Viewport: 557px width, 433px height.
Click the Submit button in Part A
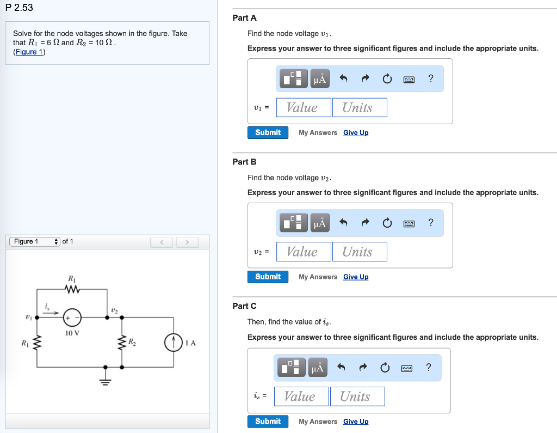point(268,132)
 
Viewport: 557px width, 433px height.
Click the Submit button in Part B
point(268,277)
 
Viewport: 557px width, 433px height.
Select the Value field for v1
point(304,107)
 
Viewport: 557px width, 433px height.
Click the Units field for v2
point(359,252)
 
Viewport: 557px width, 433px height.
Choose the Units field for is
point(357,397)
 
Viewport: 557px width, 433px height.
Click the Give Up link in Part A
point(356,133)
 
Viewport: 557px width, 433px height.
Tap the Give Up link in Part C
point(356,422)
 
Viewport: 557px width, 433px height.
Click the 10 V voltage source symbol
point(72,317)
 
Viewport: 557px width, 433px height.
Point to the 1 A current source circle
point(173,343)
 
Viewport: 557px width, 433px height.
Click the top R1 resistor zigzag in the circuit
point(72,290)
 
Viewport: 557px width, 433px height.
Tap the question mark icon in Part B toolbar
point(431,222)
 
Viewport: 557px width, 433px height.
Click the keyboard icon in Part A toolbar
point(409,80)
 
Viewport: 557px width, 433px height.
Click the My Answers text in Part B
point(318,277)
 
